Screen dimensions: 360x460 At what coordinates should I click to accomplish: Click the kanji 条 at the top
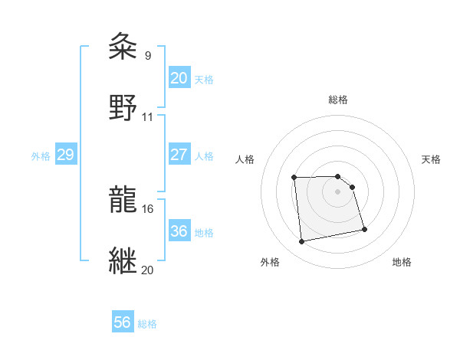click(x=123, y=47)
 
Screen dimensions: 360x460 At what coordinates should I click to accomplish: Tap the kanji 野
click(x=123, y=106)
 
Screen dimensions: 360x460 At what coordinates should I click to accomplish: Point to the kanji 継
click(x=123, y=260)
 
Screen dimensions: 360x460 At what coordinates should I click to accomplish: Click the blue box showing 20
click(x=179, y=78)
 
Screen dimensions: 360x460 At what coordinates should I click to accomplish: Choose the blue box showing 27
click(x=179, y=155)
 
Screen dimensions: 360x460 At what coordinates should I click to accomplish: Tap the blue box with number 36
click(x=179, y=231)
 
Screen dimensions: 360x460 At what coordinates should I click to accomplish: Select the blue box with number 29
click(x=65, y=155)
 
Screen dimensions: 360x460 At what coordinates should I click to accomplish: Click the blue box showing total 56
click(x=123, y=322)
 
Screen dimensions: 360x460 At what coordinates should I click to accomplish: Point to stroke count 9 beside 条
click(x=147, y=56)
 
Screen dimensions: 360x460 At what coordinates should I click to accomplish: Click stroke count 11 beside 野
click(x=148, y=117)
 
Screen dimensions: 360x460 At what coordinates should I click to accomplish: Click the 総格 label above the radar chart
click(x=338, y=100)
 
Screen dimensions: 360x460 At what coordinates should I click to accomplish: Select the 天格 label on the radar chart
click(x=431, y=159)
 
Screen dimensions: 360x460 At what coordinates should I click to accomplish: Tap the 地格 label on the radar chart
click(x=402, y=262)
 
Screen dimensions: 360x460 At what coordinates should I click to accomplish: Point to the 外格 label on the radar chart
click(x=270, y=262)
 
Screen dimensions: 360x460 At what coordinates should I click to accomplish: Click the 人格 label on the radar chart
click(x=245, y=159)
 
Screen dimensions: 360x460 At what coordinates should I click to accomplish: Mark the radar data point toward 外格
click(x=302, y=242)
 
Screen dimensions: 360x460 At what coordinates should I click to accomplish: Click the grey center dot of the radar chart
click(x=338, y=191)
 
